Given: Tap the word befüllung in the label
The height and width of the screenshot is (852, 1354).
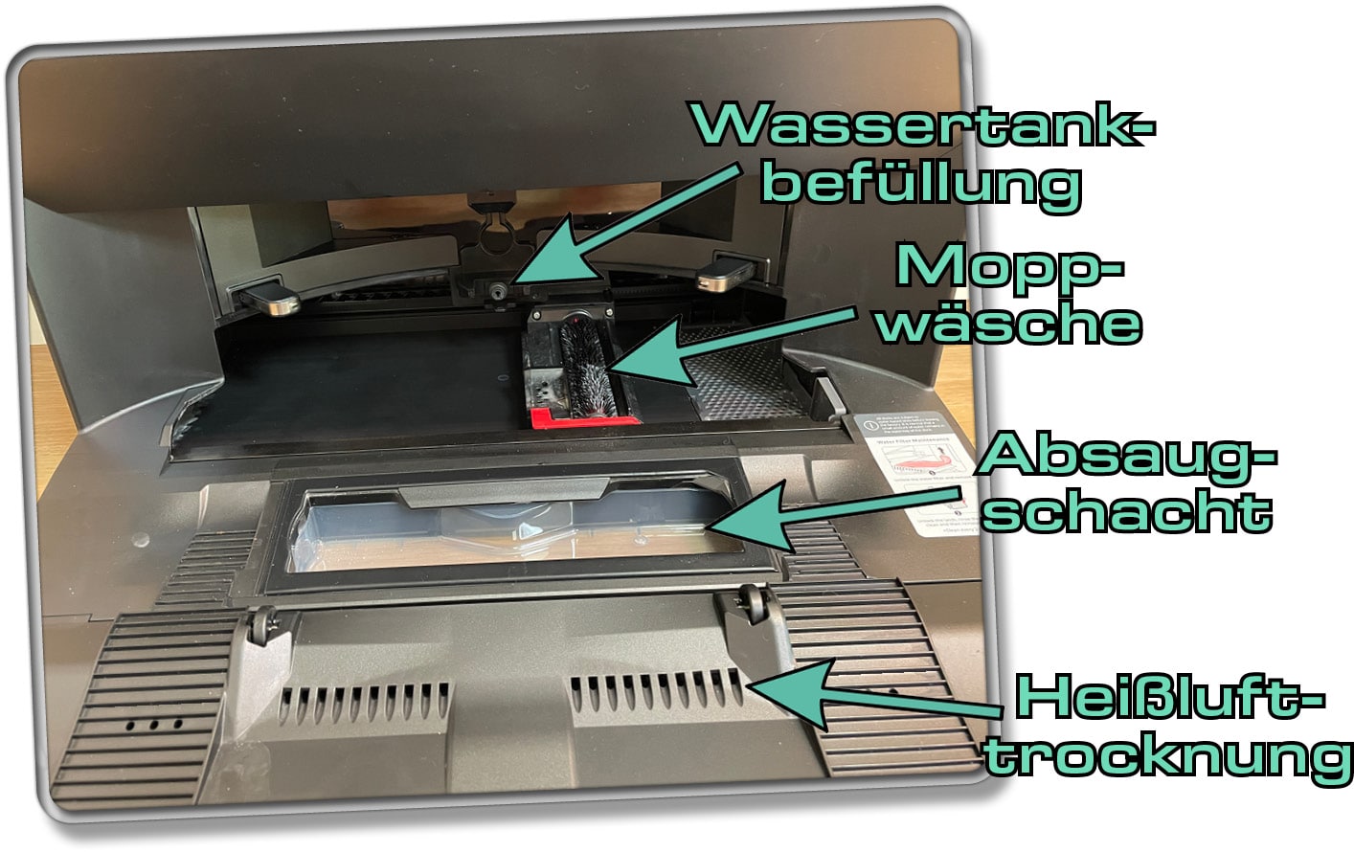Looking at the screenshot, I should pyautogui.click(x=921, y=181).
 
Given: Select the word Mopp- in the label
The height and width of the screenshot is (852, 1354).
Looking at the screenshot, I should pyautogui.click(x=1007, y=265).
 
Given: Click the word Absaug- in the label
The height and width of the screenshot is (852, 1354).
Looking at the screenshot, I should pyautogui.click(x=1126, y=454).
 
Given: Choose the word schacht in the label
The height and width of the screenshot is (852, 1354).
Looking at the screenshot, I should pyautogui.click(x=1126, y=511).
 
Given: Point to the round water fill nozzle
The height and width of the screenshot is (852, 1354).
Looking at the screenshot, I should pyautogui.click(x=498, y=290).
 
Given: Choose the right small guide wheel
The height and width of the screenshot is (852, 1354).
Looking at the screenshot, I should pyautogui.click(x=756, y=604).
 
